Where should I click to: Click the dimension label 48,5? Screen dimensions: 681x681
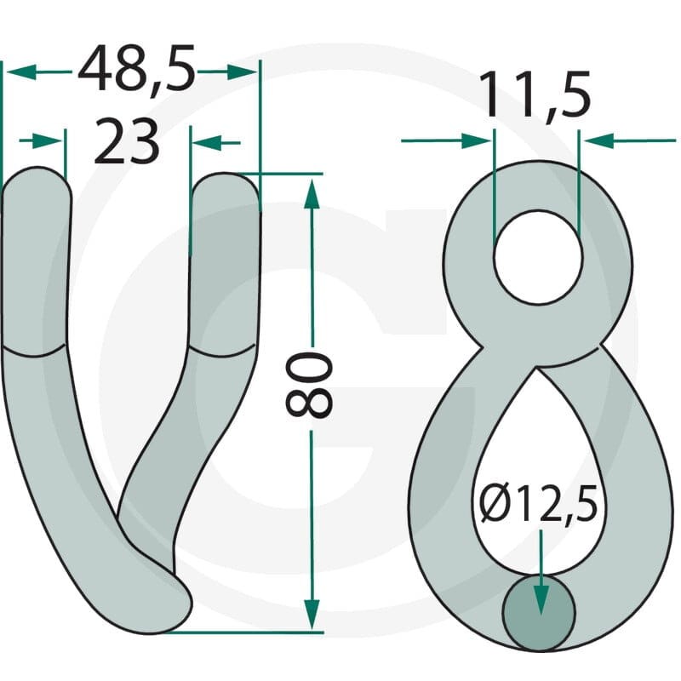tap(136, 70)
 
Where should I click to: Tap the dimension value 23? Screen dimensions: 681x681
tap(126, 141)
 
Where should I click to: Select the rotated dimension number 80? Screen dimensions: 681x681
tap(309, 385)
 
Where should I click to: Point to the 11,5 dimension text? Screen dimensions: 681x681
tap(535, 94)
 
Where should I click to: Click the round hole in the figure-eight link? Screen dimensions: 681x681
tap(538, 257)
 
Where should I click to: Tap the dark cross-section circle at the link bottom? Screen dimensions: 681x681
tap(539, 613)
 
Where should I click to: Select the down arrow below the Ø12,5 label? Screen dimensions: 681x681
tap(541, 572)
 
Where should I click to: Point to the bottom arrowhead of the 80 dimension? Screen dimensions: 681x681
tap(312, 614)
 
